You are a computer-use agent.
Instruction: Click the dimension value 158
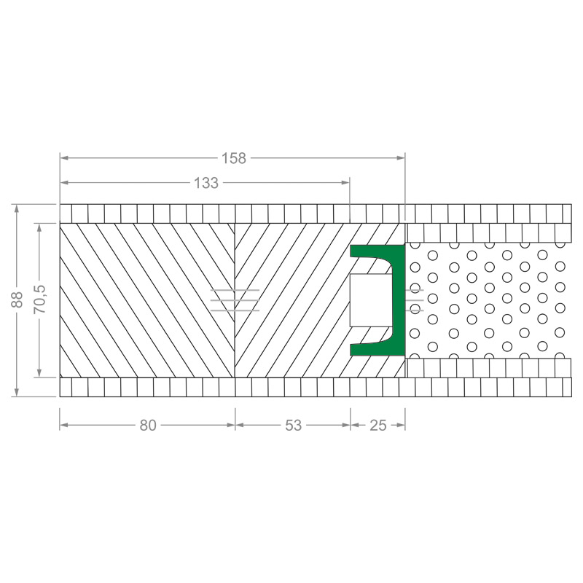(234, 158)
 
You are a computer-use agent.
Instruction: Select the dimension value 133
(206, 183)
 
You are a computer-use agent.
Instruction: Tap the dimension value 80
(148, 426)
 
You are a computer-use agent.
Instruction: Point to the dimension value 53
(294, 426)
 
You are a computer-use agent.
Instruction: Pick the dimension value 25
(378, 426)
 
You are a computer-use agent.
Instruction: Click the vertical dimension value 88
(17, 300)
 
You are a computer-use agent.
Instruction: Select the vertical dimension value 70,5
(40, 299)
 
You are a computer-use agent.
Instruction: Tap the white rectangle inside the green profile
(371, 300)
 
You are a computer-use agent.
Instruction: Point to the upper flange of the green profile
(372, 251)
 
